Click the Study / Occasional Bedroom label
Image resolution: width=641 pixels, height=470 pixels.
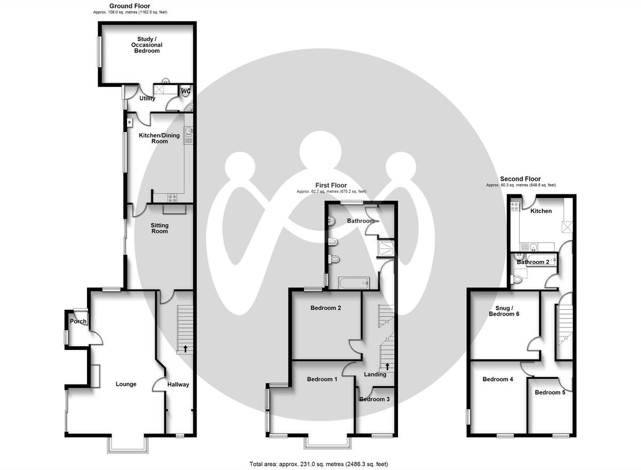click(x=147, y=45)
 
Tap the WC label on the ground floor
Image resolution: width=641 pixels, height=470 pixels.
click(x=186, y=91)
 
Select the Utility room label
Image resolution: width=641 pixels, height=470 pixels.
click(x=147, y=98)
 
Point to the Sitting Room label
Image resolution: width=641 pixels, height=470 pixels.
click(x=159, y=228)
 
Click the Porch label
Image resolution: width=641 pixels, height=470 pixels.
click(x=78, y=321)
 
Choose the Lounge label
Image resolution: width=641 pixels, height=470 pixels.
click(x=126, y=384)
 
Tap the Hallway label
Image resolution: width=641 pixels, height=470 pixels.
click(x=178, y=384)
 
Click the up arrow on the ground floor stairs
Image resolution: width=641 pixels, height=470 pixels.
click(x=185, y=349)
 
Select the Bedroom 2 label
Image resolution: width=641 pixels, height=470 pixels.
click(x=325, y=308)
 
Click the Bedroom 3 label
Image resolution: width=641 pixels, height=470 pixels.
click(x=374, y=399)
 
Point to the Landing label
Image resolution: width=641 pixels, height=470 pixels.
click(x=375, y=374)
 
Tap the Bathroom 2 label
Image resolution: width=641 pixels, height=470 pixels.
click(x=533, y=262)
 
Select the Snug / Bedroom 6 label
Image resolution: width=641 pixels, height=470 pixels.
click(x=504, y=310)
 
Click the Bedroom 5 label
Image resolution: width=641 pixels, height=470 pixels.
click(x=550, y=393)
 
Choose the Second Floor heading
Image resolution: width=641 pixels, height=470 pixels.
click(x=520, y=179)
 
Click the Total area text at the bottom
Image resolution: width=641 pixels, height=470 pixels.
click(x=318, y=464)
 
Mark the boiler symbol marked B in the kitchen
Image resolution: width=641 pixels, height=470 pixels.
click(x=130, y=123)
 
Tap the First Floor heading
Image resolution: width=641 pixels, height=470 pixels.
click(x=331, y=185)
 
